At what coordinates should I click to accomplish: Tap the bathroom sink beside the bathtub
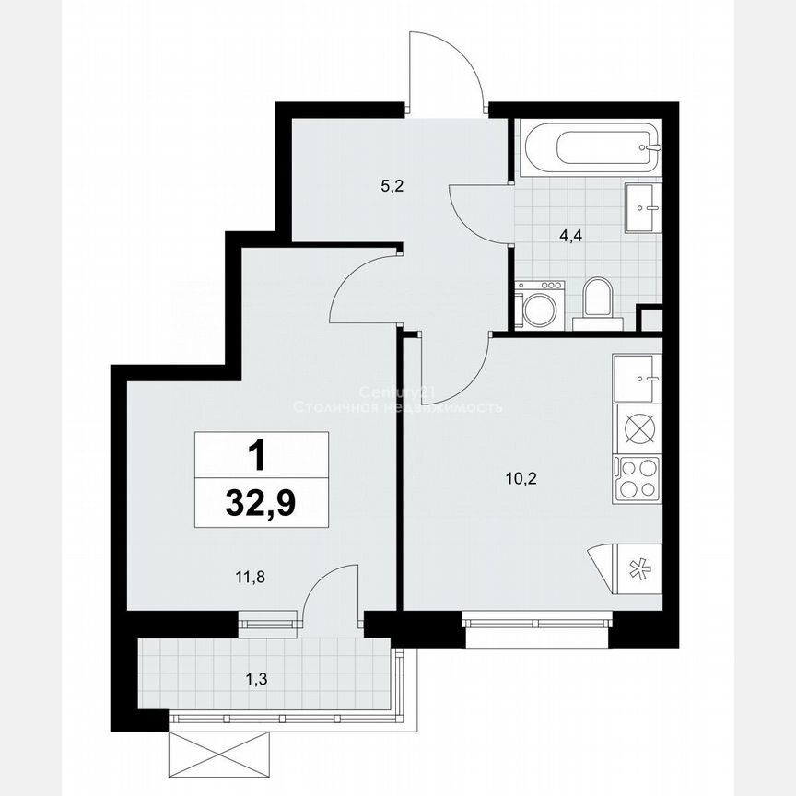click(642, 208)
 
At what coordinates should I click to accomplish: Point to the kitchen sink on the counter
click(638, 379)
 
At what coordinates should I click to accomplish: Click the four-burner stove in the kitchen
click(638, 477)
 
